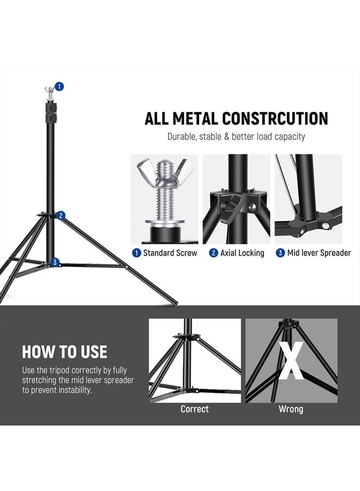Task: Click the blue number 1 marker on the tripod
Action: pyautogui.click(x=59, y=86)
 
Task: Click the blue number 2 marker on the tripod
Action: pyautogui.click(x=61, y=215)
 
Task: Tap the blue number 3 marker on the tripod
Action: pyautogui.click(x=55, y=262)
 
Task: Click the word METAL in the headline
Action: pyautogui.click(x=197, y=118)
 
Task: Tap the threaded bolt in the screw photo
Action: pyautogui.click(x=164, y=196)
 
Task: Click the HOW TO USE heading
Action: pyautogui.click(x=64, y=351)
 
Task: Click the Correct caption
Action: pyautogui.click(x=195, y=409)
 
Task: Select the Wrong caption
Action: pyautogui.click(x=291, y=409)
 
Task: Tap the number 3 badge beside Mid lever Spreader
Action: pyautogui.click(x=280, y=253)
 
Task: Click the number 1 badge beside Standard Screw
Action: pyautogui.click(x=136, y=253)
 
